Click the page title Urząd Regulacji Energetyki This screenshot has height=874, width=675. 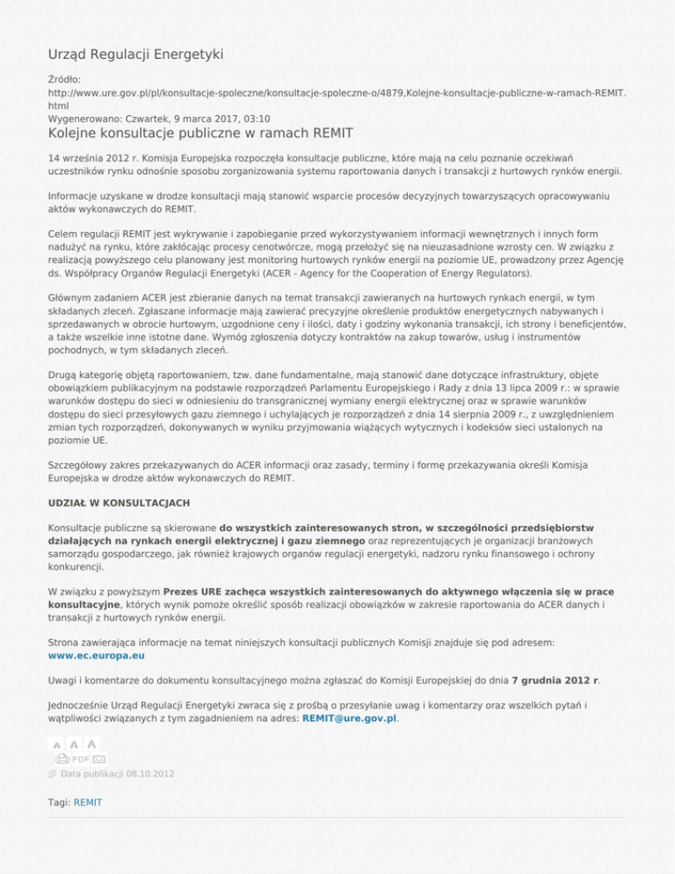135,55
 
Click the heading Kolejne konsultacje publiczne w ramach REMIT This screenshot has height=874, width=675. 200,134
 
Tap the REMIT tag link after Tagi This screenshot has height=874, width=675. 88,803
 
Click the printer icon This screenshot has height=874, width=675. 62,758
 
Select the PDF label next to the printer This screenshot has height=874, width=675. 81,759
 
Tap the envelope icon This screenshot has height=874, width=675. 99,759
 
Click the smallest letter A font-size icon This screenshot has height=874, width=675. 55,744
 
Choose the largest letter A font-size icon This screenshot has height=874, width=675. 92,743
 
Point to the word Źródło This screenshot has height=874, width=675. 64,78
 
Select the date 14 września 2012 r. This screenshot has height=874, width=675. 88,157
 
